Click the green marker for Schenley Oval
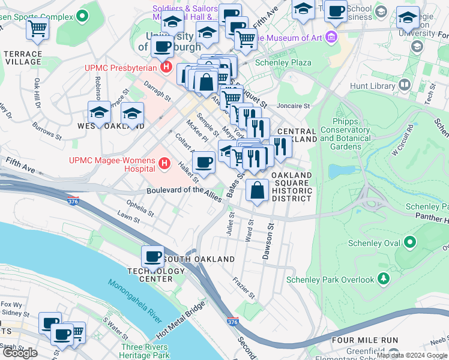pos(409,243)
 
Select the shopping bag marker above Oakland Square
pos(257,190)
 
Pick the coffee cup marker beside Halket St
pos(204,162)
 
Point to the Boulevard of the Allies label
pos(184,190)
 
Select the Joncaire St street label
pos(294,106)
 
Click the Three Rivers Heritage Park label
pos(145,351)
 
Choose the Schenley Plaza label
pos(283,62)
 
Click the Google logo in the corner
pos(19,353)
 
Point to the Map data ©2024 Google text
pos(412,355)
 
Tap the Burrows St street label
pos(47,131)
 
